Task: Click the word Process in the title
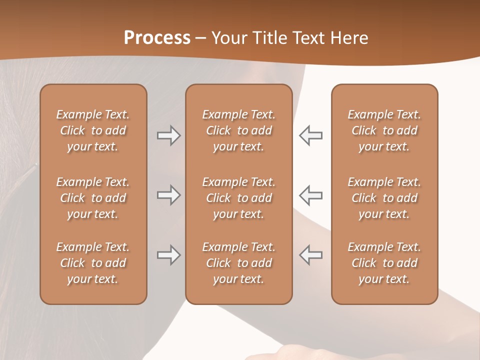[157, 38]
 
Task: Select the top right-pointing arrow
[168, 135]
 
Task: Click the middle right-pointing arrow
[168, 194]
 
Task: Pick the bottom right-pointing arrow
[168, 255]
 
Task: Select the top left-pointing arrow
[311, 135]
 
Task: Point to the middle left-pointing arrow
[311, 194]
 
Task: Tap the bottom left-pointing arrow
[311, 255]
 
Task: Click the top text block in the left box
[93, 130]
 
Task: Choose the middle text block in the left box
[93, 198]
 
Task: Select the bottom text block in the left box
[93, 263]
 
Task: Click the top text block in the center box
[239, 130]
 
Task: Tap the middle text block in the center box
[239, 198]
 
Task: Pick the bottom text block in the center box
[239, 263]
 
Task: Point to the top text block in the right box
[384, 130]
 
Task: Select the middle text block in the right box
[384, 198]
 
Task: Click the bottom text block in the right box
[384, 263]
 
